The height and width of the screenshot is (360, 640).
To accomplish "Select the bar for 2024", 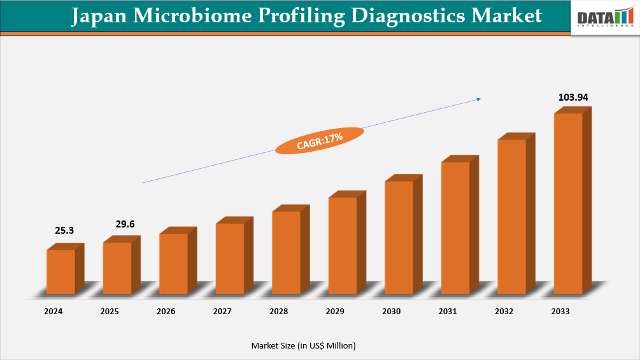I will tap(60, 271).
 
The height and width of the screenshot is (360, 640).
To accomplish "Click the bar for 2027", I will tap(230, 258).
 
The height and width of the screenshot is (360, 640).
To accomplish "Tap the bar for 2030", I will tap(399, 237).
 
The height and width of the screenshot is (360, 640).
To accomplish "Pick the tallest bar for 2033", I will tap(568, 203).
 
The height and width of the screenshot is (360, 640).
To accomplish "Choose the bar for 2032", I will tap(511, 217).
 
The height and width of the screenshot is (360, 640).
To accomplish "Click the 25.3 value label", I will tap(64, 231).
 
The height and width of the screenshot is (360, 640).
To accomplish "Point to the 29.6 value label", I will tap(125, 224).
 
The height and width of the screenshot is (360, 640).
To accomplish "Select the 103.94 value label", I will tap(572, 97).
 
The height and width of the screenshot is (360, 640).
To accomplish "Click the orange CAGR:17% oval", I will tap(320, 140).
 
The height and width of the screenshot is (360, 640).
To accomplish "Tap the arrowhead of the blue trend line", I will tap(478, 99).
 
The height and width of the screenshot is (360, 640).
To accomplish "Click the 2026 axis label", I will tap(166, 312).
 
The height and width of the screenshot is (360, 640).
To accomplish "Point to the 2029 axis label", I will tap(335, 312).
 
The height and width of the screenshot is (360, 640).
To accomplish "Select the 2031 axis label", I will tap(448, 312).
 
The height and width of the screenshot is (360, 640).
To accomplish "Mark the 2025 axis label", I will tap(110, 312).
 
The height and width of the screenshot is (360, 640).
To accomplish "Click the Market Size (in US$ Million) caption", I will tap(303, 345).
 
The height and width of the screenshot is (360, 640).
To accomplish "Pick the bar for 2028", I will tap(286, 252).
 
